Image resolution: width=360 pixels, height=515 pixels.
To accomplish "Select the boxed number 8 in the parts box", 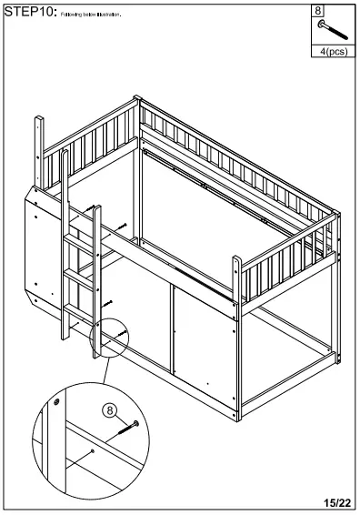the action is [x=318, y=11].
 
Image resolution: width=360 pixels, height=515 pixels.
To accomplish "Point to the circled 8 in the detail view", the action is [x=110, y=411].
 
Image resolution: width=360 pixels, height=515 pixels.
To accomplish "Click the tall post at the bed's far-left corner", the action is [x=39, y=150].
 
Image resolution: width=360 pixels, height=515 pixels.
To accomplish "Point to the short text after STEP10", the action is [x=91, y=15].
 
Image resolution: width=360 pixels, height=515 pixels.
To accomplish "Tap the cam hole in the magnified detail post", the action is [x=57, y=401].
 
